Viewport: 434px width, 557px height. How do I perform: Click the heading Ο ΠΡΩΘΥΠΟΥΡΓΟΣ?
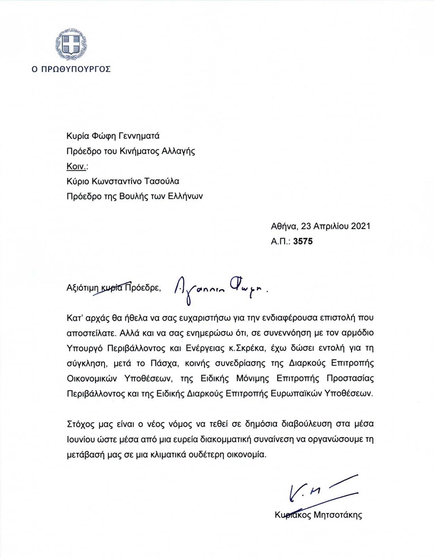(x=71, y=69)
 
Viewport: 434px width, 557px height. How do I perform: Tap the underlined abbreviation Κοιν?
(x=76, y=166)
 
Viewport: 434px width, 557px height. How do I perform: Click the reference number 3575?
(x=303, y=241)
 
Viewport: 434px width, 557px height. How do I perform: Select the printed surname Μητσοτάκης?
(x=338, y=515)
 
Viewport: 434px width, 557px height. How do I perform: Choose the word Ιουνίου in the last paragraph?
(x=81, y=439)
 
